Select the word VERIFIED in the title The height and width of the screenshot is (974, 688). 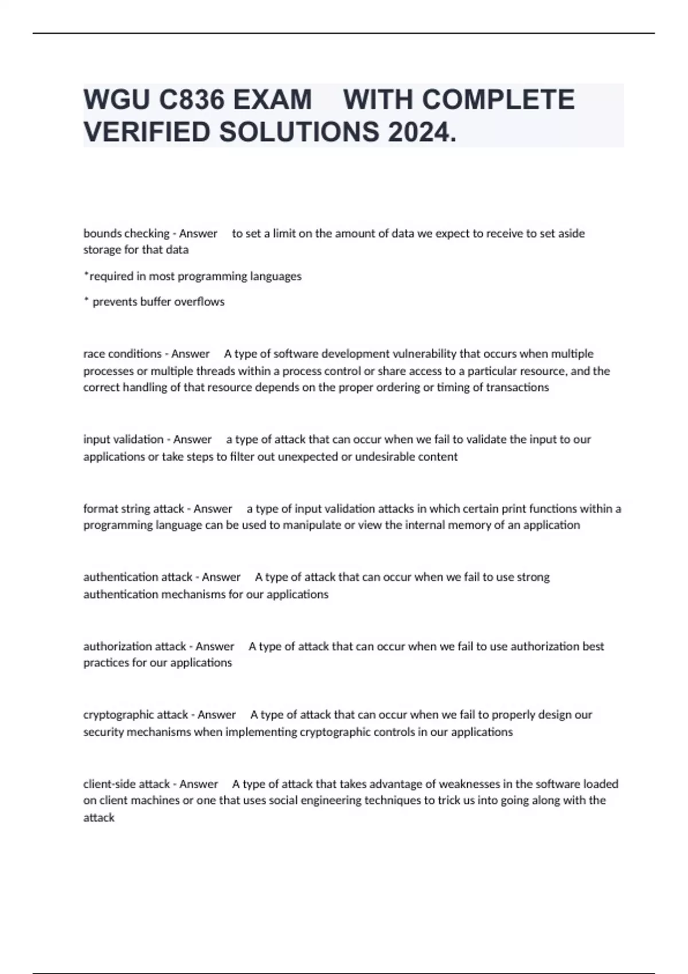pos(147,132)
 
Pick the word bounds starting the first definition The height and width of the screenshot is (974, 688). pos(102,233)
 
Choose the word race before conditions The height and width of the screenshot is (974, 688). pos(94,354)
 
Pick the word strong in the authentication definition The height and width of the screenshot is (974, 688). pos(533,577)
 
